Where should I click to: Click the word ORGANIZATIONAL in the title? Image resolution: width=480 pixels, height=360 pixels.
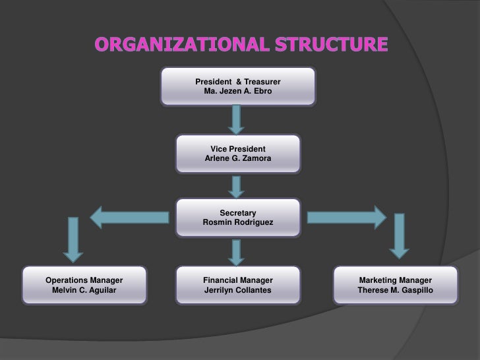point(179,45)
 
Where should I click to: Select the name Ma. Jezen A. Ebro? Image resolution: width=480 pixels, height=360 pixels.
point(237,91)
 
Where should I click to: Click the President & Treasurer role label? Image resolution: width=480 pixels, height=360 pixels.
point(237,81)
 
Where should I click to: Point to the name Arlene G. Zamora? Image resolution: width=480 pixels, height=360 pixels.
point(237,159)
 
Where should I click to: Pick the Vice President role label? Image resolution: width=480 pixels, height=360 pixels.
point(237,149)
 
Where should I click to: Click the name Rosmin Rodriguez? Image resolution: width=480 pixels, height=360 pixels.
point(237,223)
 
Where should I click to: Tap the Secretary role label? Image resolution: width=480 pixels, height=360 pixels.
point(237,213)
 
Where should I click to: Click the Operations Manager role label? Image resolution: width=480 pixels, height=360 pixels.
point(84,280)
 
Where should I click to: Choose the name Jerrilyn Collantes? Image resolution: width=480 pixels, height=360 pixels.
point(237,290)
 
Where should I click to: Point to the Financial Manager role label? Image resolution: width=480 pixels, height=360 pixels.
point(237,280)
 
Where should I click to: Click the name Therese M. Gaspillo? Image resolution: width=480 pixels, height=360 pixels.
point(396,290)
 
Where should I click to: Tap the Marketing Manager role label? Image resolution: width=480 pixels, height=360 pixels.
point(396,280)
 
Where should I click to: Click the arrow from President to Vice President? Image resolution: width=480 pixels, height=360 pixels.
point(237,119)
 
